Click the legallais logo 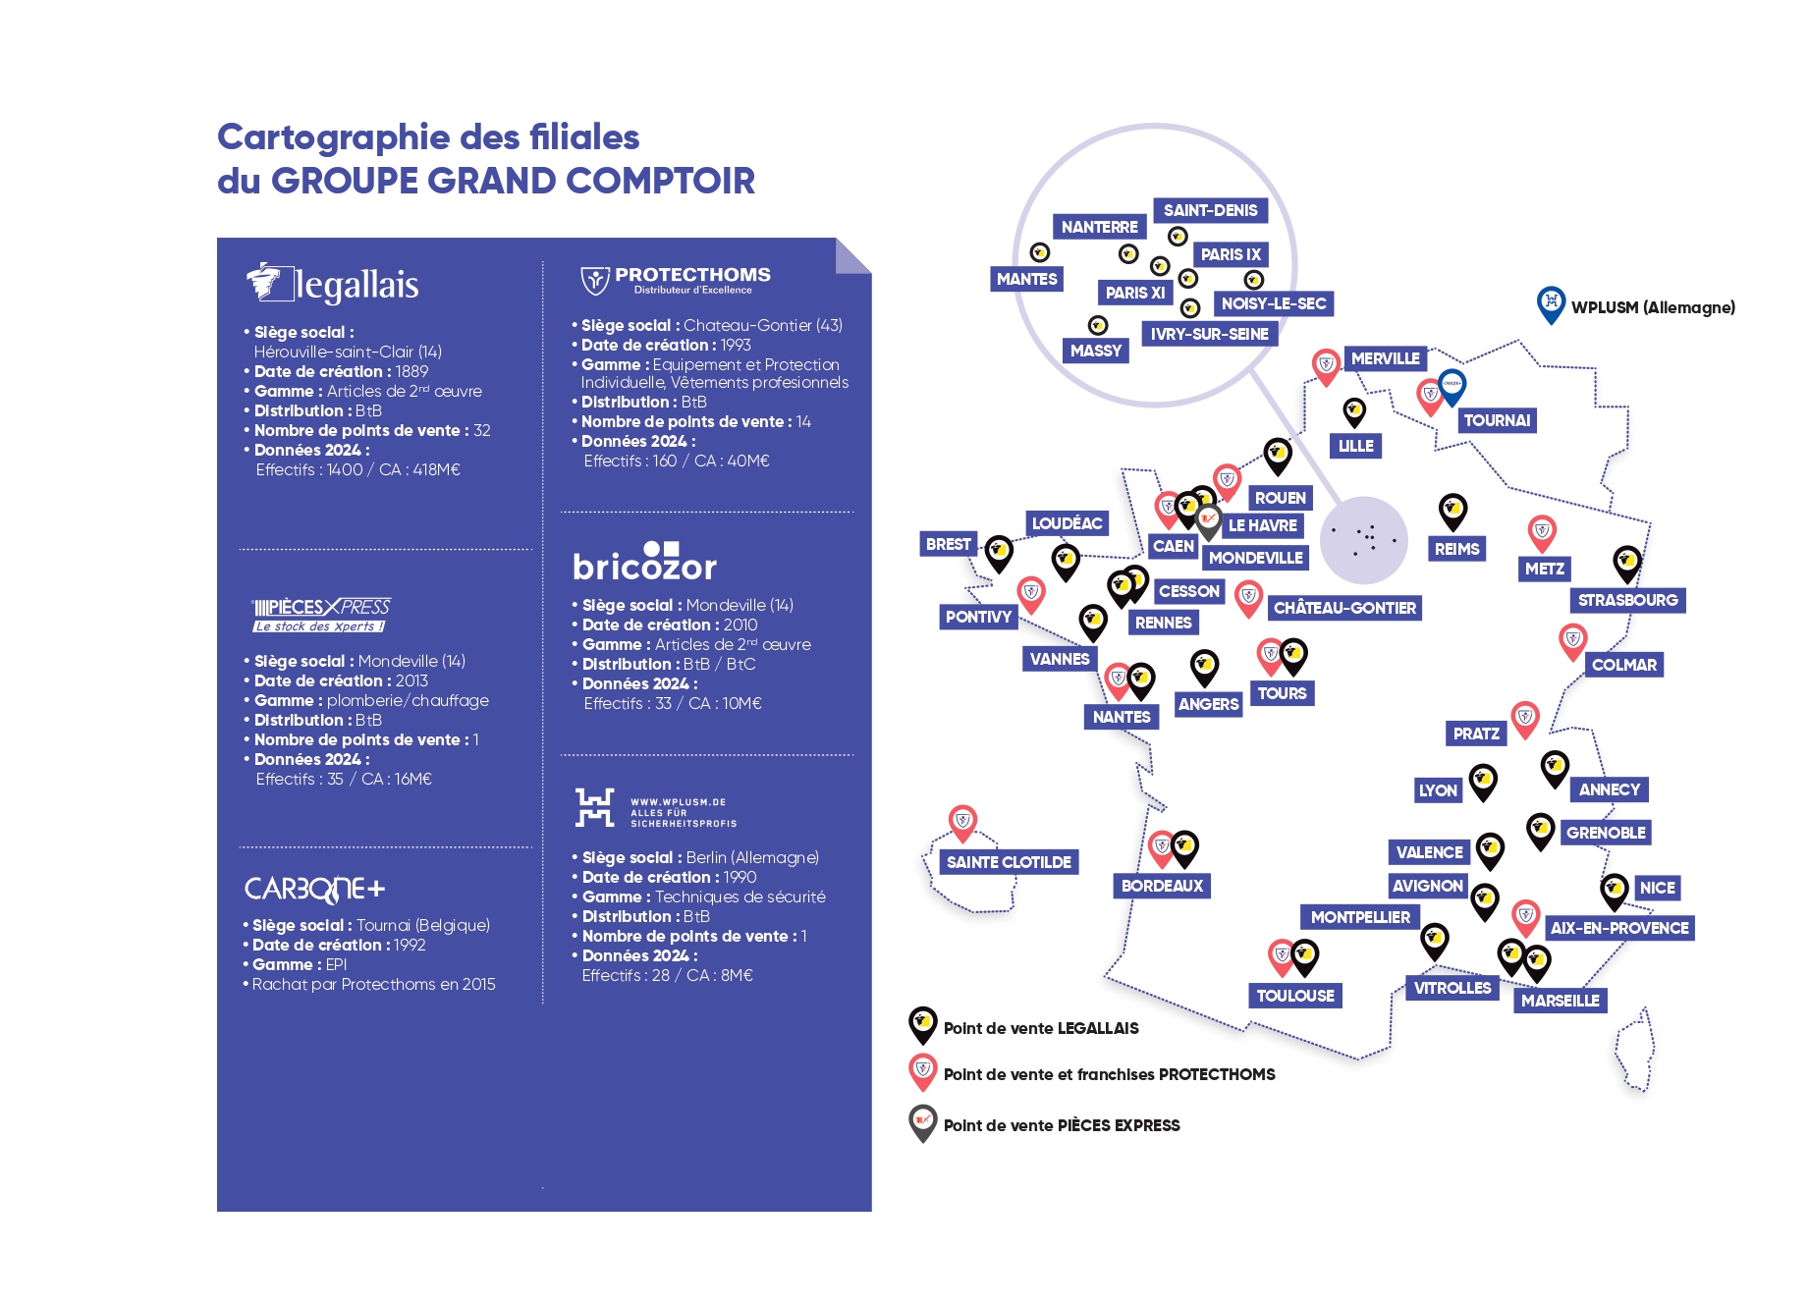(333, 284)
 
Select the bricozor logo (644, 563)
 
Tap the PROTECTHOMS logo (677, 280)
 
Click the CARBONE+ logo (314, 890)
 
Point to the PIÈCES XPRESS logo (321, 614)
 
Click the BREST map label (948, 544)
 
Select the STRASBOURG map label (1627, 600)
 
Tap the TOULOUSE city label (1295, 996)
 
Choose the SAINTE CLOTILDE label (1009, 862)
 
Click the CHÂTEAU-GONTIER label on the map (1344, 608)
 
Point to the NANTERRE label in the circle (1099, 227)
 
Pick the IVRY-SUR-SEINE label (1209, 334)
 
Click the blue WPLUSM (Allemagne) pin (1551, 303)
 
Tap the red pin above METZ (1542, 532)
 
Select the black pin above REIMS (1453, 511)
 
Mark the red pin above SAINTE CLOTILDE (962, 821)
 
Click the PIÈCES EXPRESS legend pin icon (922, 1121)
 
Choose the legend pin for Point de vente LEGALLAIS (922, 1023)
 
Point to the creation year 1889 (411, 371)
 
